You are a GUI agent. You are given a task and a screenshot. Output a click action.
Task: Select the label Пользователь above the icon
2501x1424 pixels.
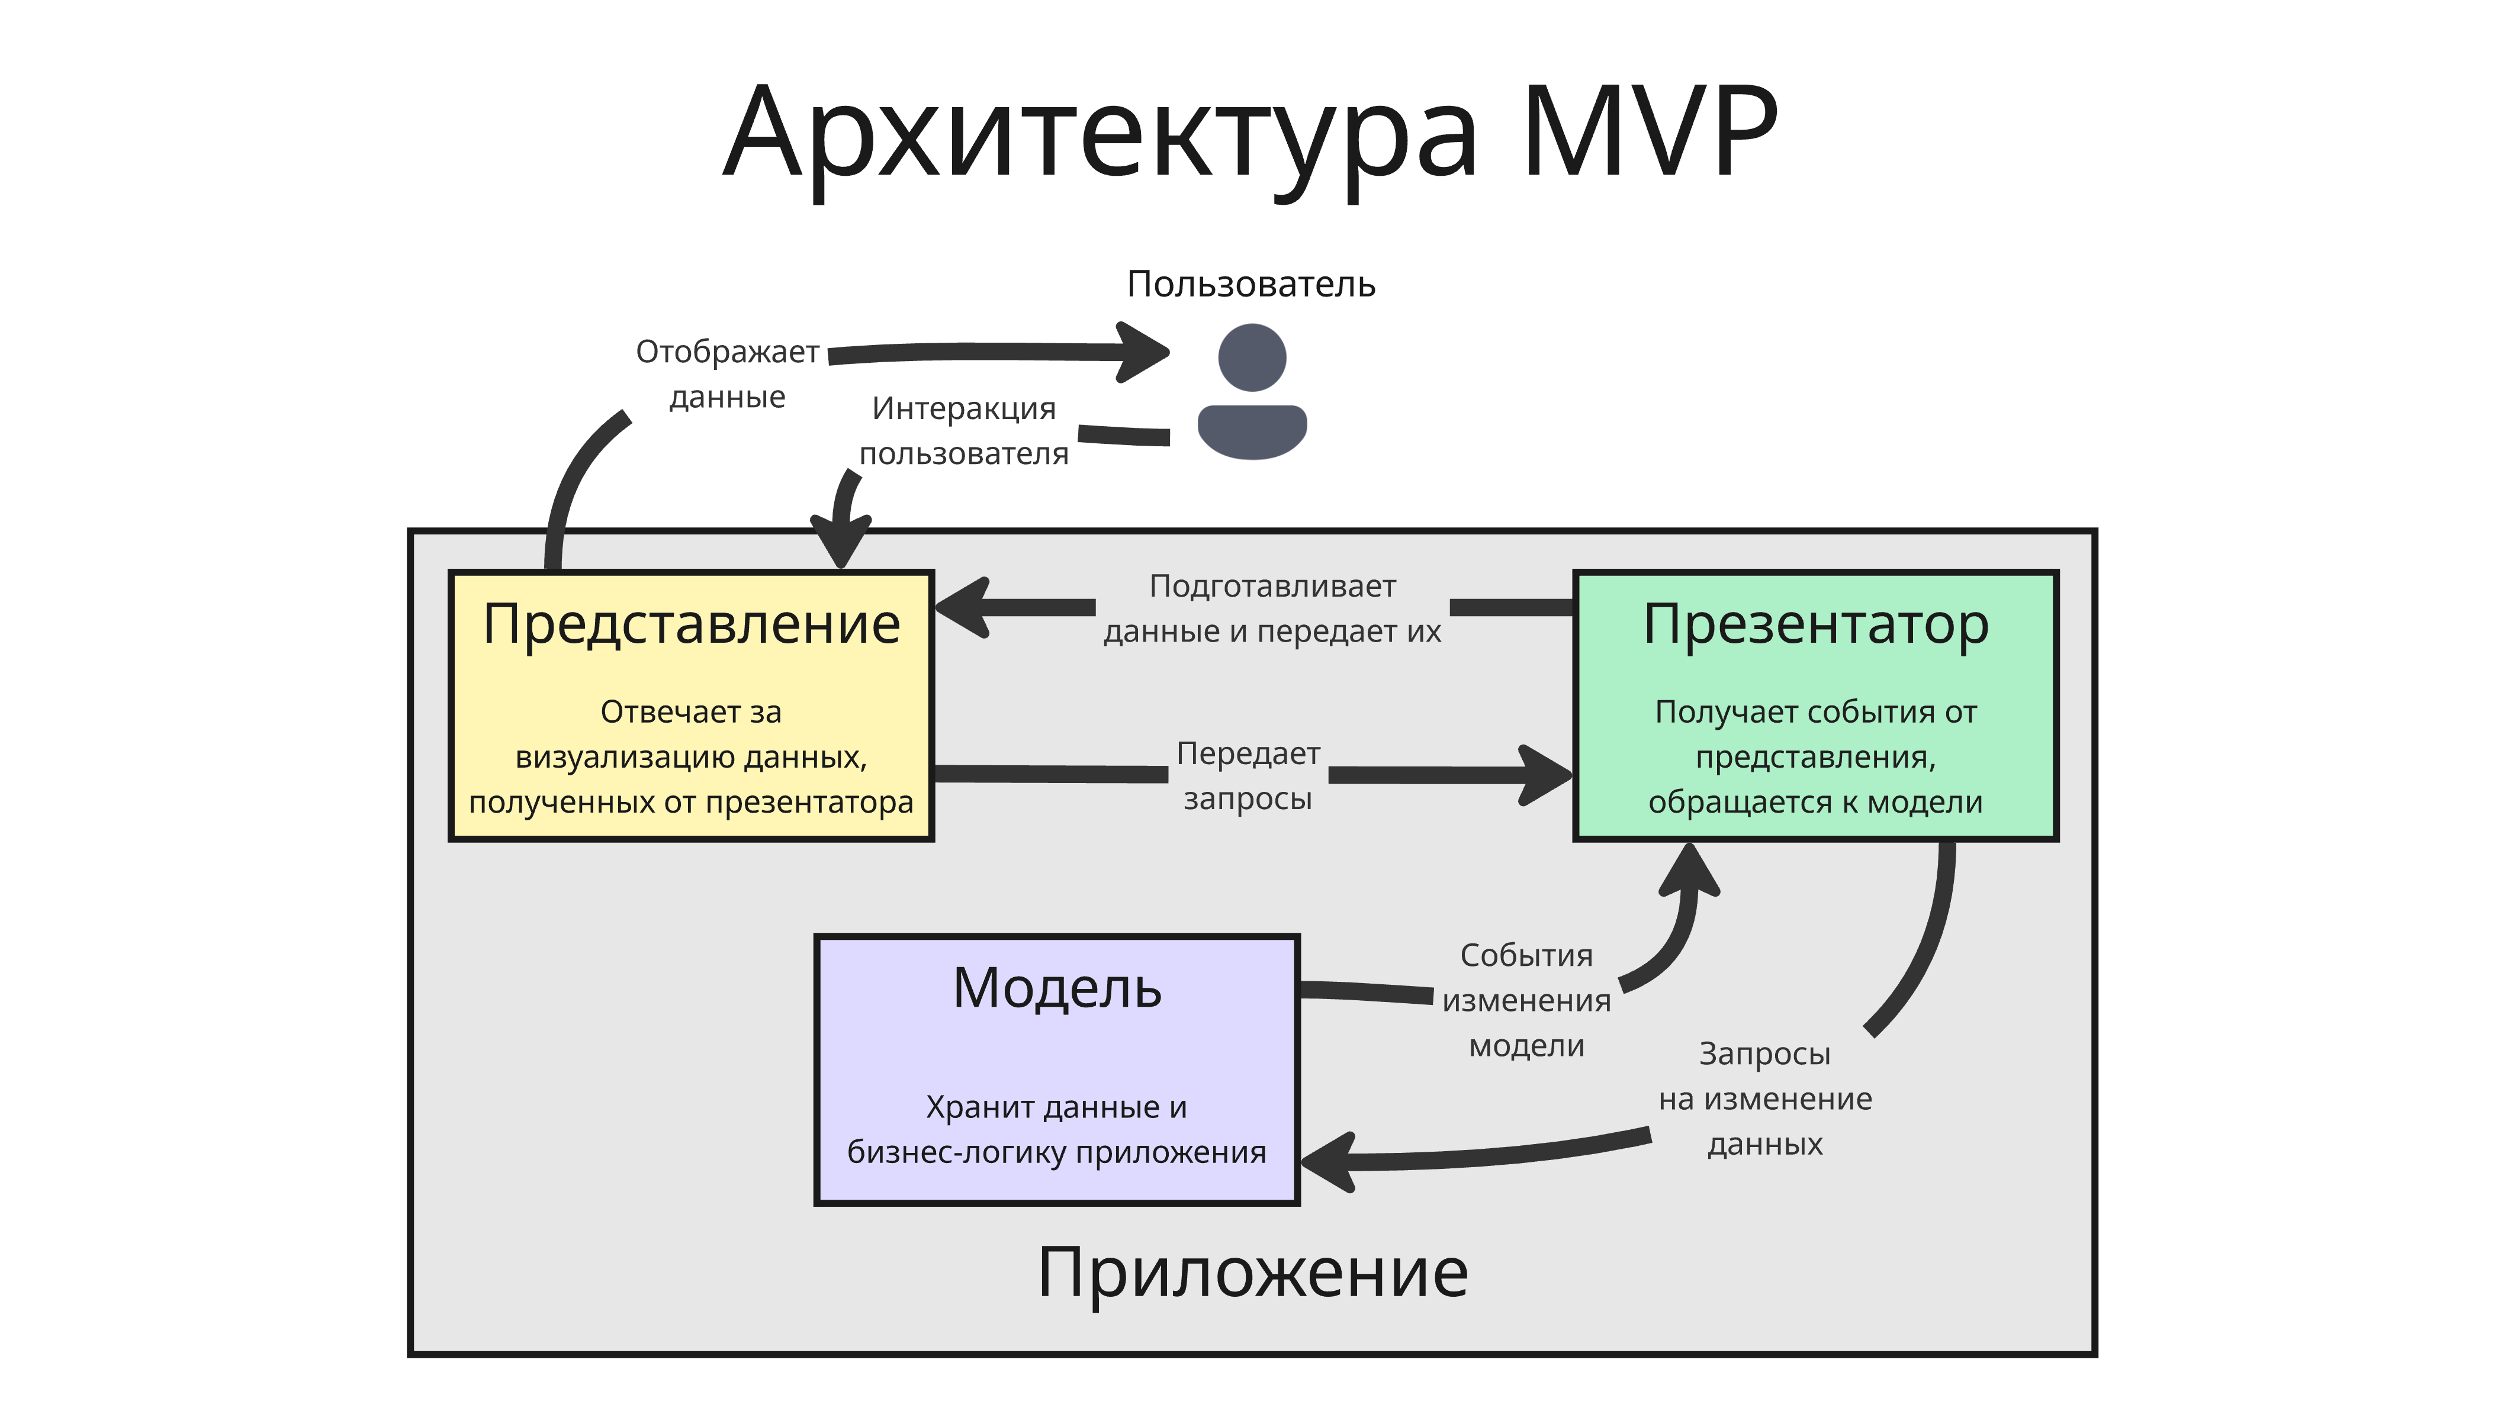1251,285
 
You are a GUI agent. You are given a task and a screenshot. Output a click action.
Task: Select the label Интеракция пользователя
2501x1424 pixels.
963,430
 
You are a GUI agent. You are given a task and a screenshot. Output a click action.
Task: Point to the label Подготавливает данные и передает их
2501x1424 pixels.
1272,608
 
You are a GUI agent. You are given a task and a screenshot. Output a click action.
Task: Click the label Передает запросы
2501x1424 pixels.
1248,775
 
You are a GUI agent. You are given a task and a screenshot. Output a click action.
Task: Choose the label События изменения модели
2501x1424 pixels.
1526,1000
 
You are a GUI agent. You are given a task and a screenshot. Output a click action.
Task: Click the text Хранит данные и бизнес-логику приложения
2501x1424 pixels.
1056,1130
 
